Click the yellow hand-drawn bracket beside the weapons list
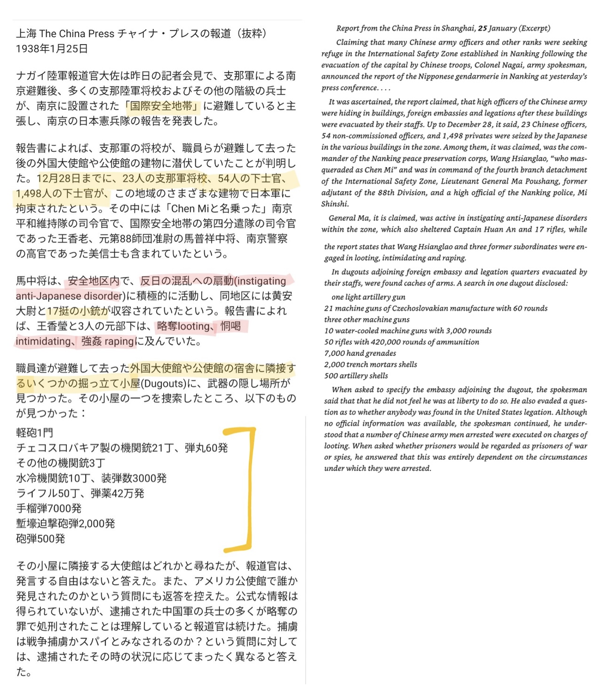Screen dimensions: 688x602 coord(248,489)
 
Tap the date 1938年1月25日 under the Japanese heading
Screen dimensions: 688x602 coord(52,48)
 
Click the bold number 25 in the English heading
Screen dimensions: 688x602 coord(483,28)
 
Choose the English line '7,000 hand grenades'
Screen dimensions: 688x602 coord(360,353)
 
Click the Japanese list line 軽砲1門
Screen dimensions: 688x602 coord(35,432)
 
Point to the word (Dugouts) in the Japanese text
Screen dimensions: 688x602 coord(163,383)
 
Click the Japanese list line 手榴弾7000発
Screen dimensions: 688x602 coord(49,508)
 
